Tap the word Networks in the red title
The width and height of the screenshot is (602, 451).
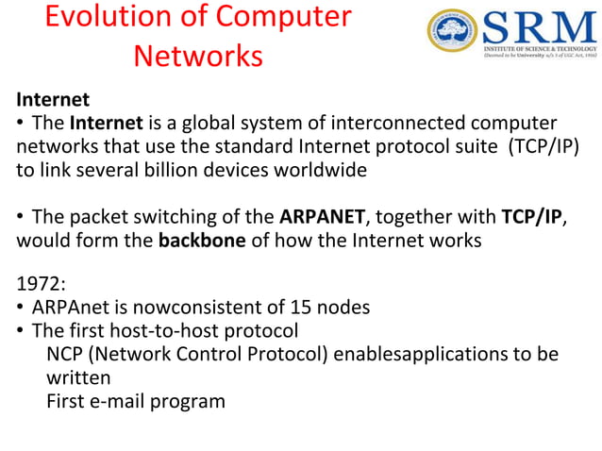(197, 56)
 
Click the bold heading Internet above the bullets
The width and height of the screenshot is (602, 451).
(53, 99)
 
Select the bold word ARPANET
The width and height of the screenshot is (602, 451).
(322, 217)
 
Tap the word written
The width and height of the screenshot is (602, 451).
(78, 377)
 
